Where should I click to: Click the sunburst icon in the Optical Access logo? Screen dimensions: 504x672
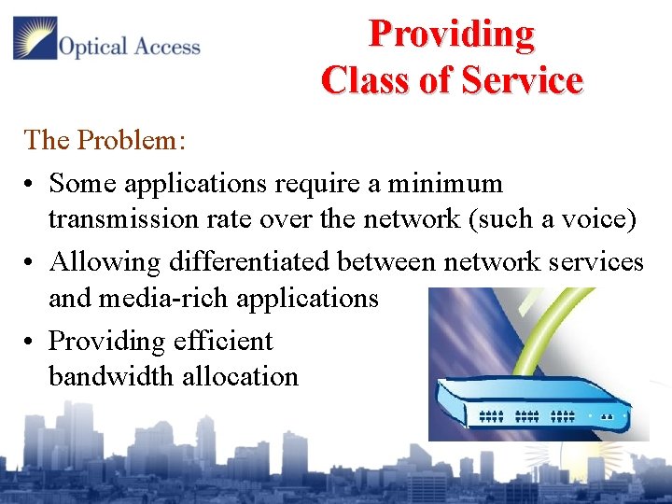[x=35, y=38]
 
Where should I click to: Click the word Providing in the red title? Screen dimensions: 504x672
[x=452, y=34]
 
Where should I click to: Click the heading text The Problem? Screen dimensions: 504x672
[x=105, y=140]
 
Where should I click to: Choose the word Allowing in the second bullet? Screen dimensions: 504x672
[x=105, y=262]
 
